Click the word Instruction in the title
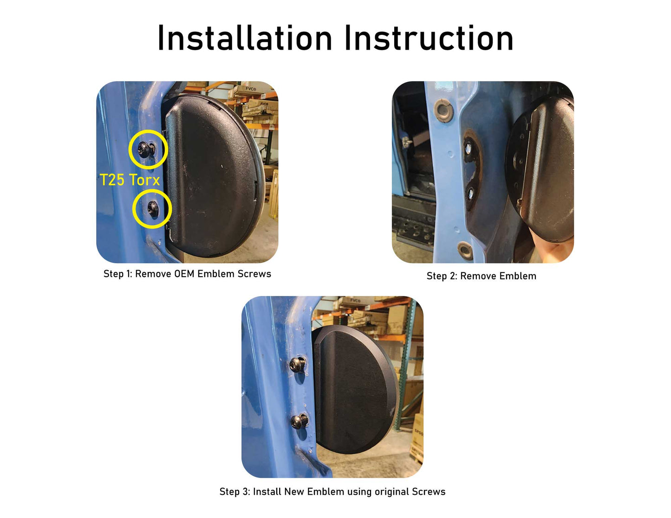tap(429, 38)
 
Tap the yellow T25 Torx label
tap(130, 180)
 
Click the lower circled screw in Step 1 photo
tap(153, 208)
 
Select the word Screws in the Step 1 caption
tap(254, 274)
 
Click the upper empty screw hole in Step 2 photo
tap(468, 149)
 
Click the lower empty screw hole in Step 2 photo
tap(470, 194)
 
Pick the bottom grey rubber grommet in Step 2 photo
tap(465, 251)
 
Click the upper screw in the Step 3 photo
tap(298, 365)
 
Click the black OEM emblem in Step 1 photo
tap(213, 176)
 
